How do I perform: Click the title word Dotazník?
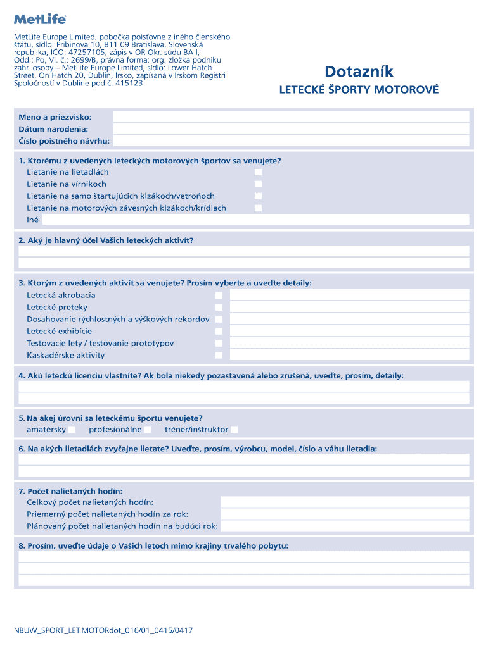tap(359, 71)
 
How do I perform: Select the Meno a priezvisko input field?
tap(291, 117)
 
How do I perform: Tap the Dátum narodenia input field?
tap(291, 129)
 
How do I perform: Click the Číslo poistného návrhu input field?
tap(291, 141)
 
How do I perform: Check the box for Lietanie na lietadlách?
tap(258, 172)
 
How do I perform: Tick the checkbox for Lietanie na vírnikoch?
tap(258, 184)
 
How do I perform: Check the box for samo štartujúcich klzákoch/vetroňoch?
tap(258, 196)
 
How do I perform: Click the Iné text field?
tap(255, 220)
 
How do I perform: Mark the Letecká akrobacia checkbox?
tap(219, 296)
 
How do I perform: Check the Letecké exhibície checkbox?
tap(219, 332)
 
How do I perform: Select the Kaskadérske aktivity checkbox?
tap(219, 356)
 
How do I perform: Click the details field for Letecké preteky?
tap(349, 308)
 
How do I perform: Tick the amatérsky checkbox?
tap(72, 430)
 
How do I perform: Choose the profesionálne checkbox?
tap(148, 430)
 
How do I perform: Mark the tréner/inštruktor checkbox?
tap(234, 430)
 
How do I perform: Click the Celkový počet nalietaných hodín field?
tap(345, 502)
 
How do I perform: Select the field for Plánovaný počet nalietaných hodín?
tap(345, 526)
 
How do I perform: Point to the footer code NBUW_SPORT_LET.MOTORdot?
tap(103, 630)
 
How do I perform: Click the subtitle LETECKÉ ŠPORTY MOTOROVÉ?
tap(359, 90)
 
